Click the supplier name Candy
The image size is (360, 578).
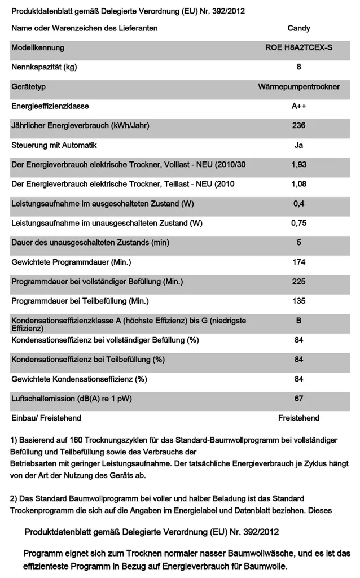[x=298, y=28]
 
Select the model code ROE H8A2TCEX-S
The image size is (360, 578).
[x=298, y=48]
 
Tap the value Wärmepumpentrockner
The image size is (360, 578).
[x=298, y=87]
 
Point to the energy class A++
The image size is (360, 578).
[x=298, y=106]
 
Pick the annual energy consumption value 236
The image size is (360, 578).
[x=298, y=126]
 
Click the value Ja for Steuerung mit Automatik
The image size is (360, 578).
[x=298, y=145]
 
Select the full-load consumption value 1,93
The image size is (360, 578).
[x=298, y=165]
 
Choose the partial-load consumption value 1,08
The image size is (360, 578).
[x=298, y=184]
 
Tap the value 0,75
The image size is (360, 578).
[x=298, y=223]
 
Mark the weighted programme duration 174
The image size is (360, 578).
[x=298, y=262]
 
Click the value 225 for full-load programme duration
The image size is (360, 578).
[x=298, y=282]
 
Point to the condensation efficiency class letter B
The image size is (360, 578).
[x=298, y=321]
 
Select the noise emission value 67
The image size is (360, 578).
[x=298, y=399]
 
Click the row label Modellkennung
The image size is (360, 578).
[x=38, y=48]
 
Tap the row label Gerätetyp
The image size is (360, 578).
[x=28, y=87]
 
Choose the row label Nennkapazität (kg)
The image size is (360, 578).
[x=44, y=67]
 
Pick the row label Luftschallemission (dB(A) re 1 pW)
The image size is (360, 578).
[x=72, y=399]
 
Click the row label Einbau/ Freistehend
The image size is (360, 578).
[x=46, y=418]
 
